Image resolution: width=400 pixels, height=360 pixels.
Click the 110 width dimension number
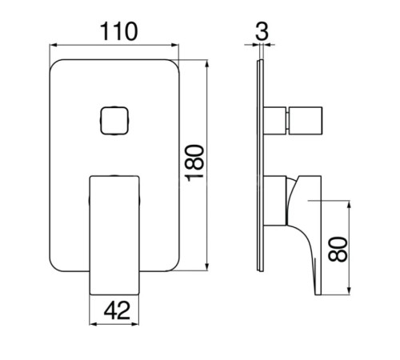click(x=119, y=32)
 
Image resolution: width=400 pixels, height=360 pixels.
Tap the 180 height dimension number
click(x=194, y=163)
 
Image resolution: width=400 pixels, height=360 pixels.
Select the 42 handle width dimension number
click(x=117, y=310)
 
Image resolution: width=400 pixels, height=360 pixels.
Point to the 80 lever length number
click(x=338, y=249)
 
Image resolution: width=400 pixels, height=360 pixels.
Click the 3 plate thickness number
click(x=262, y=31)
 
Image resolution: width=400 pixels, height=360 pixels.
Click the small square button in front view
click(x=114, y=121)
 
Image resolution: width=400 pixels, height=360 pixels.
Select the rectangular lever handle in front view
click(x=114, y=235)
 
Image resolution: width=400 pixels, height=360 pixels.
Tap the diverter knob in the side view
click(x=306, y=121)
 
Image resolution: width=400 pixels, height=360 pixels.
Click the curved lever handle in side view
click(x=306, y=230)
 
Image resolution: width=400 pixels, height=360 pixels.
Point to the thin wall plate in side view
click(x=261, y=166)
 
